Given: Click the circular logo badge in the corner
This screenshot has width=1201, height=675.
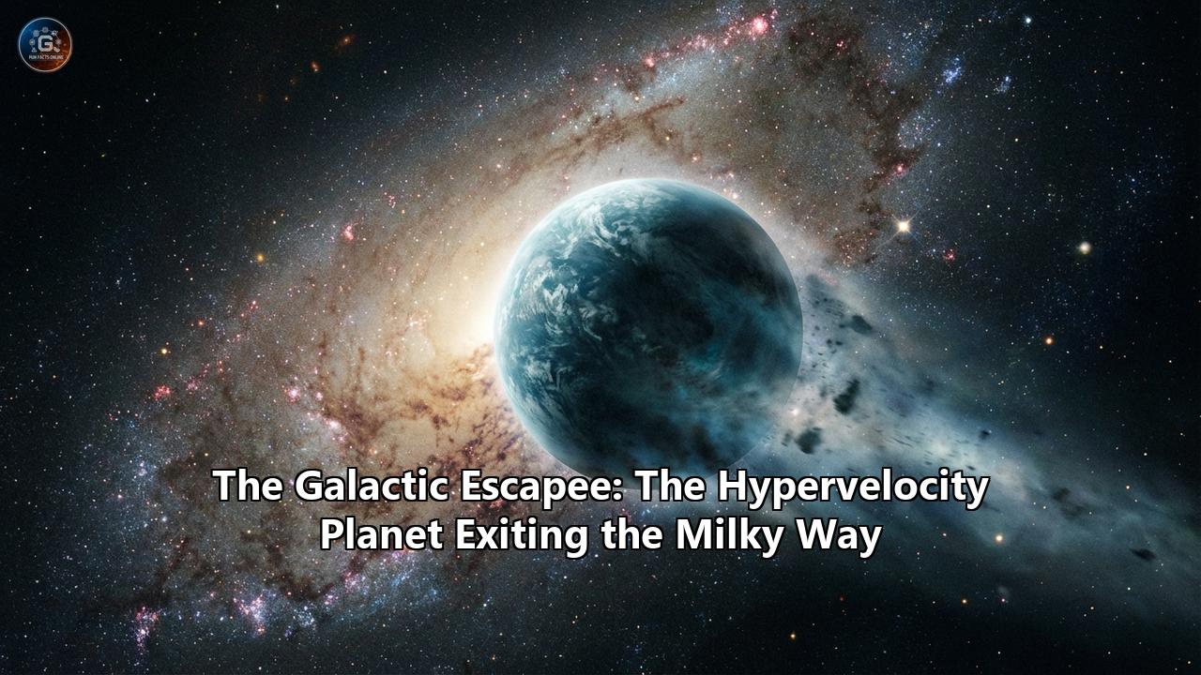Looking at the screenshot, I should pos(45,44).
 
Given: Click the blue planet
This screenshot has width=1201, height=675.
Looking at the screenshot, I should pos(648,324).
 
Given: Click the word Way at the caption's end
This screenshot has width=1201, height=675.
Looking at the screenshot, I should pos(842,536).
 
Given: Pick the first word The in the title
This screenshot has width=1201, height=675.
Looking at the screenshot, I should pos(249,487).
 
